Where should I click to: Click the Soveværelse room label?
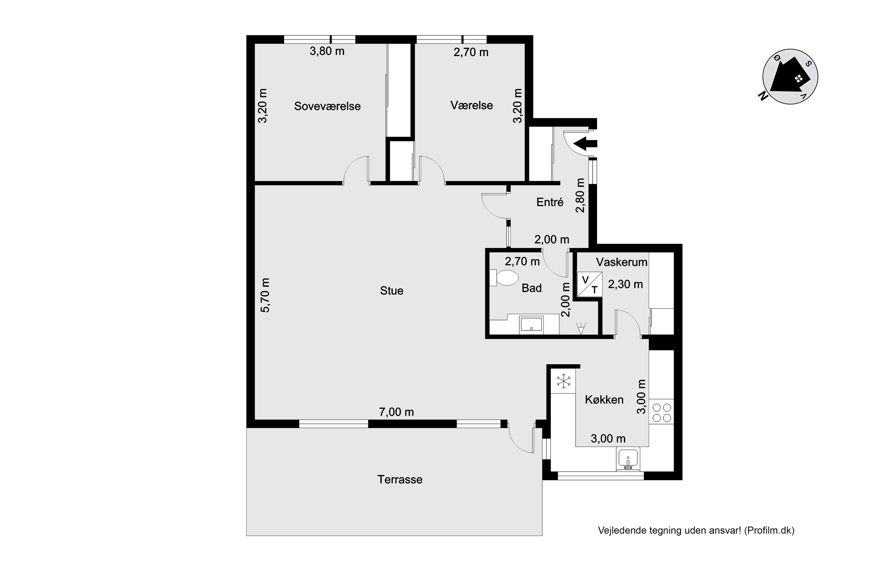click(x=327, y=106)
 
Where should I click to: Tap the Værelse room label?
click(x=471, y=106)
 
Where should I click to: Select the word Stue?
click(x=392, y=290)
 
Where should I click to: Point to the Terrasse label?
click(x=400, y=480)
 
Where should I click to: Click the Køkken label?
click(x=604, y=399)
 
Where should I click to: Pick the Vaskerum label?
click(x=622, y=262)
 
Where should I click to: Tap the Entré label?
click(x=550, y=202)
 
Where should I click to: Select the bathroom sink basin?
click(x=531, y=325)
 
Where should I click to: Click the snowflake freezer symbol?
click(x=564, y=381)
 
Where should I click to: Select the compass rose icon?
click(x=790, y=77)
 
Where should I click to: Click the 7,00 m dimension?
click(x=396, y=412)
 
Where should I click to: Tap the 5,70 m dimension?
click(x=265, y=295)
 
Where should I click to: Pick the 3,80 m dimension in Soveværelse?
click(x=327, y=51)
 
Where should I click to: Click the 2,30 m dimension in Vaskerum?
click(x=626, y=284)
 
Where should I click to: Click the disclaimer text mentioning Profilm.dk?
click(x=696, y=531)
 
